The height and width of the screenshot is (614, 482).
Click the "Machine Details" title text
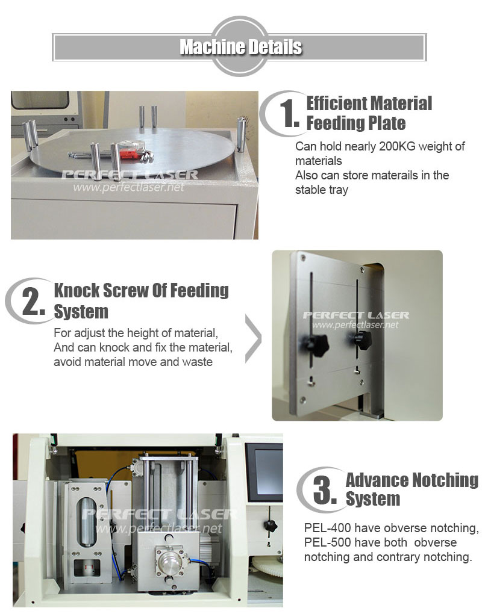tap(240, 47)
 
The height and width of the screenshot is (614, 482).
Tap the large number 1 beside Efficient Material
tap(289, 113)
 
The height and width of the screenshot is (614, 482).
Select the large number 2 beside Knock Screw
tap(33, 301)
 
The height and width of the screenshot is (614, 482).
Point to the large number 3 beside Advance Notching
tap(325, 489)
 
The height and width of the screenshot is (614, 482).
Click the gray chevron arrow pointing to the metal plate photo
tap(253, 338)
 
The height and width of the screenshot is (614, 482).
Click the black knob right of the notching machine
tap(270, 525)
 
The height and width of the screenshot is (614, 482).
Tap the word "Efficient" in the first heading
tap(336, 104)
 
